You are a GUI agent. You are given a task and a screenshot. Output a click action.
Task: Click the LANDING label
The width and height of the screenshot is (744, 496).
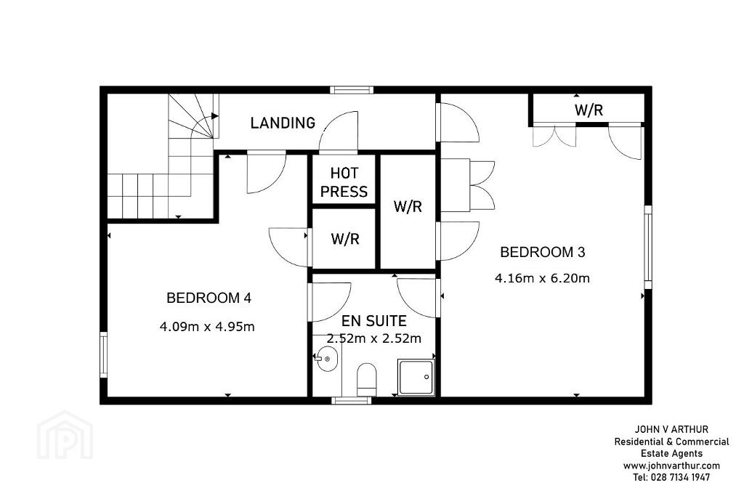click(x=283, y=123)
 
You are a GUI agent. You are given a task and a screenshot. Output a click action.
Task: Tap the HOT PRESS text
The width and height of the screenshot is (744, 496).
click(x=344, y=182)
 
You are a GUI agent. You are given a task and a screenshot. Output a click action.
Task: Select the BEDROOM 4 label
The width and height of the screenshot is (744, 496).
click(x=209, y=298)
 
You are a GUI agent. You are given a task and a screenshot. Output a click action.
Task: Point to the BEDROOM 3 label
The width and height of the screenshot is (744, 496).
click(x=543, y=252)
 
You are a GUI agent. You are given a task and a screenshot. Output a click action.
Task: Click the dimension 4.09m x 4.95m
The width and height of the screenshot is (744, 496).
click(x=207, y=327)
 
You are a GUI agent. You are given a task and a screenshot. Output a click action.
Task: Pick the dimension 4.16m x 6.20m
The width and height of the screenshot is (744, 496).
click(x=542, y=278)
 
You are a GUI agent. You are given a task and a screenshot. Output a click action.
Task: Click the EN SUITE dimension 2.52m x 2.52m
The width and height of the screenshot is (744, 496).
click(x=374, y=338)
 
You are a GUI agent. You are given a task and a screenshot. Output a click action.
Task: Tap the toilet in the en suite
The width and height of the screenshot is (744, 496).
click(x=366, y=379)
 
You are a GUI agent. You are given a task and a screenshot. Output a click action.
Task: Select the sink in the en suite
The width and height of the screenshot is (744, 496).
click(x=327, y=359)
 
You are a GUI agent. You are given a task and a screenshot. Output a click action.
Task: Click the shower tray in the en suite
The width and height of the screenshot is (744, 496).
click(x=416, y=378)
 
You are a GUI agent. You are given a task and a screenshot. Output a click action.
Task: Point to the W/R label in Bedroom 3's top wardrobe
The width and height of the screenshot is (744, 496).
click(x=589, y=110)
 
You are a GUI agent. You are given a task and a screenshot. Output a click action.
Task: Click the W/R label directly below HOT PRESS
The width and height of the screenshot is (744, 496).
click(x=345, y=238)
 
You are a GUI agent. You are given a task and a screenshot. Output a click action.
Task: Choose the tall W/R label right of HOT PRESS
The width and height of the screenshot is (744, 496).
click(x=408, y=206)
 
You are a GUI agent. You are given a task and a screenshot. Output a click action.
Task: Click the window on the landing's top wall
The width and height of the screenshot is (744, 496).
click(x=352, y=90)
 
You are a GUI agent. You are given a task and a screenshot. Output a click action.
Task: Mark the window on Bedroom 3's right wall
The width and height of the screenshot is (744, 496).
click(x=647, y=247)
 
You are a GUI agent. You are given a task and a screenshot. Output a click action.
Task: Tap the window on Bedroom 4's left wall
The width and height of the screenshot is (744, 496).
click(x=103, y=354)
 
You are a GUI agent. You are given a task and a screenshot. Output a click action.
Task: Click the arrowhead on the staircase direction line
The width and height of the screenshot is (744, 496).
click(x=215, y=115)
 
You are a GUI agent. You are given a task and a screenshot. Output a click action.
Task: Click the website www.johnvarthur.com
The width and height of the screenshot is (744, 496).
click(x=671, y=465)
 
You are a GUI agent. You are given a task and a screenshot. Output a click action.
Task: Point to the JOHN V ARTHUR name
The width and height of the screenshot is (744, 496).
click(x=671, y=430)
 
